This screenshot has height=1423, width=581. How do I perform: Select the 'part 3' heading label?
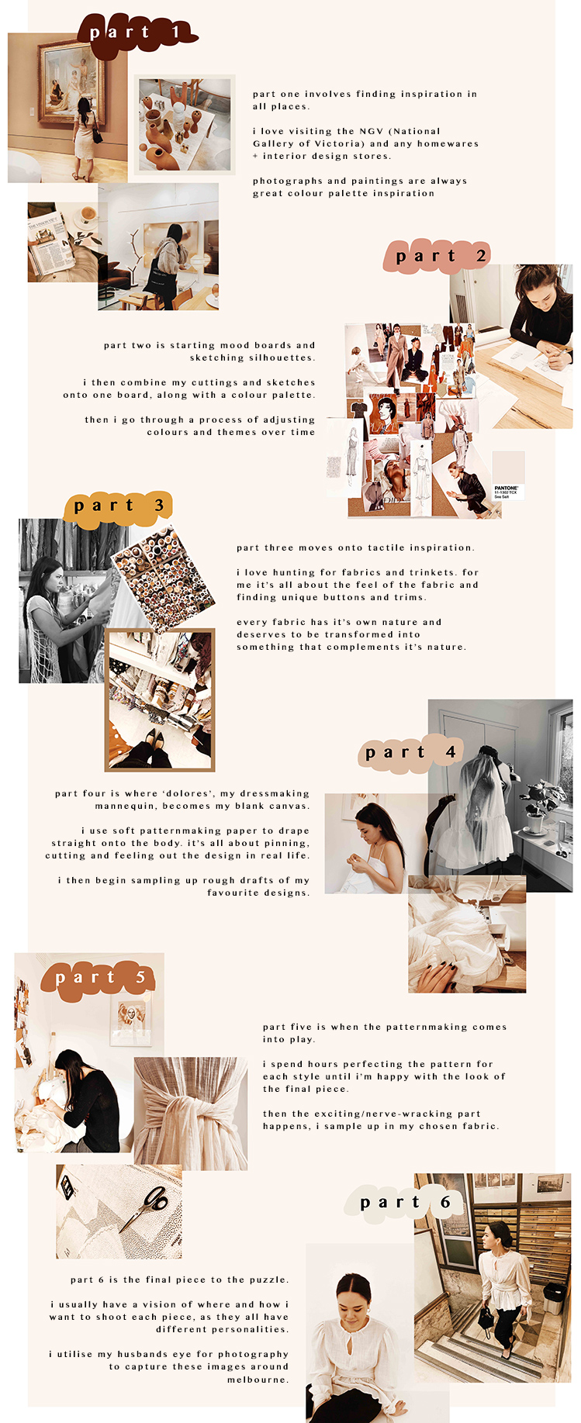pos(118,506)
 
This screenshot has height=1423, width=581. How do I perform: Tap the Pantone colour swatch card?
pos(509,475)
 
